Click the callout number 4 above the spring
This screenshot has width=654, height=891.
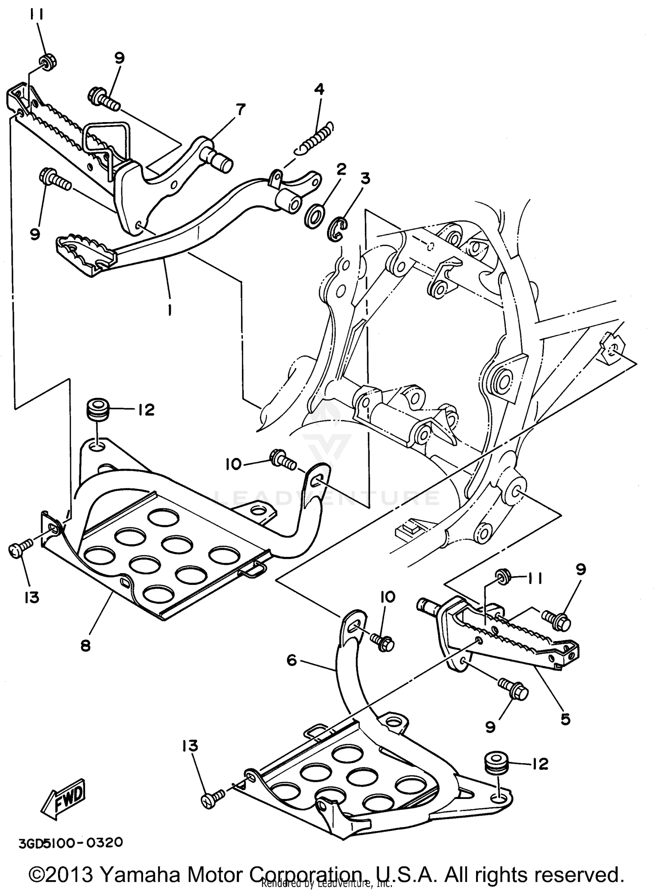pos(319,90)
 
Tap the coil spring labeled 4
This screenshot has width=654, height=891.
pos(315,138)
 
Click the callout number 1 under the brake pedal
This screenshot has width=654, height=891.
pos(169,310)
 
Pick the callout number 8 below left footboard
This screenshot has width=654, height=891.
pos(86,645)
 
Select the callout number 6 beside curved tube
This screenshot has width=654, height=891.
pos(292,660)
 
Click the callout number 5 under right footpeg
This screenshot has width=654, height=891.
pos(565,719)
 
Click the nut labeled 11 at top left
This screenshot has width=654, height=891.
pos(46,61)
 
